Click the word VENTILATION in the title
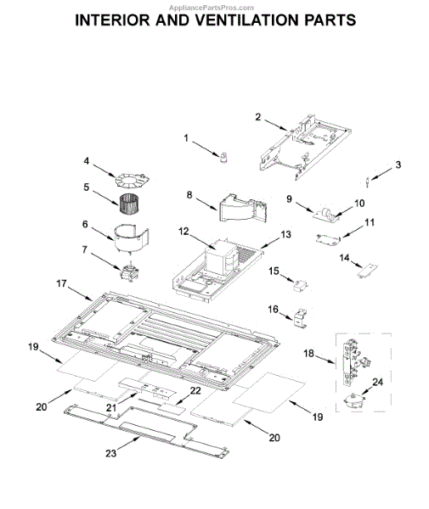point(247,20)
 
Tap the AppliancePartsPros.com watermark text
point(212,8)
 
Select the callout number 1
point(186,138)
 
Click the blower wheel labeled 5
point(127,202)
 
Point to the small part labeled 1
point(223,158)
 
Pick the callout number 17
point(61,283)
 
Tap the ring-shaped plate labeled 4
point(132,181)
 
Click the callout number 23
point(110,453)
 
